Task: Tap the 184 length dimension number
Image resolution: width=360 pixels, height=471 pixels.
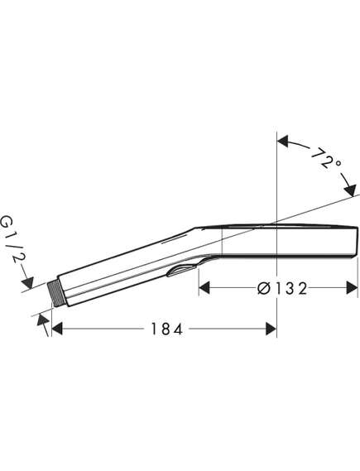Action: [x=162, y=329]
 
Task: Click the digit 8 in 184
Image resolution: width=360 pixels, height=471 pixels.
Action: [x=162, y=329]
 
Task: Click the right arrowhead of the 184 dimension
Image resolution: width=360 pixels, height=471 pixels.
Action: [x=271, y=329]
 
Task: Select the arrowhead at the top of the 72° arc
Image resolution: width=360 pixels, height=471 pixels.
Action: [x=282, y=142]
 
